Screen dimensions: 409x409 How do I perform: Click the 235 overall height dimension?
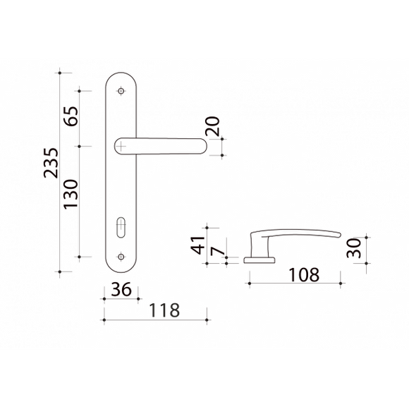pos(51,163)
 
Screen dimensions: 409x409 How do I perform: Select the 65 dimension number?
pos(71,116)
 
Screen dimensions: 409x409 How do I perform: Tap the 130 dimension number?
pos(71,194)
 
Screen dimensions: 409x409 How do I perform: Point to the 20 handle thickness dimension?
pos(212,126)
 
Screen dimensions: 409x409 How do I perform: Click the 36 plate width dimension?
pos(121,290)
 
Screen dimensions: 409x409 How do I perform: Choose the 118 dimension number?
pos(164,310)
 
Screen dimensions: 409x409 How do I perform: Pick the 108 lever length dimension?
pos(304,275)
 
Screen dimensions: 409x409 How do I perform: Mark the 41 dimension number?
pos(198,245)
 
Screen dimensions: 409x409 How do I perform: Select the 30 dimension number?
pos(354,248)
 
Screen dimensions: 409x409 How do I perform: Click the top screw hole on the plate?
pos(121,91)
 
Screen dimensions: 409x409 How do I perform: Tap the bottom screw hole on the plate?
pos(121,257)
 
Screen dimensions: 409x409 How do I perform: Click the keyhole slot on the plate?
pos(121,227)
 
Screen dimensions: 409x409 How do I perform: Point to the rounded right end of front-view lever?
pos(203,146)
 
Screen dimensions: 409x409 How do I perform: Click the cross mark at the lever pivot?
pos(121,146)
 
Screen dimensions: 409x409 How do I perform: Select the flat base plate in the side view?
pos(260,260)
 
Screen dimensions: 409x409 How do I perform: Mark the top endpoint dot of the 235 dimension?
pos(60,73)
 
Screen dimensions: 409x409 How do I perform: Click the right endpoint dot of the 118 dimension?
pos(207,319)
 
